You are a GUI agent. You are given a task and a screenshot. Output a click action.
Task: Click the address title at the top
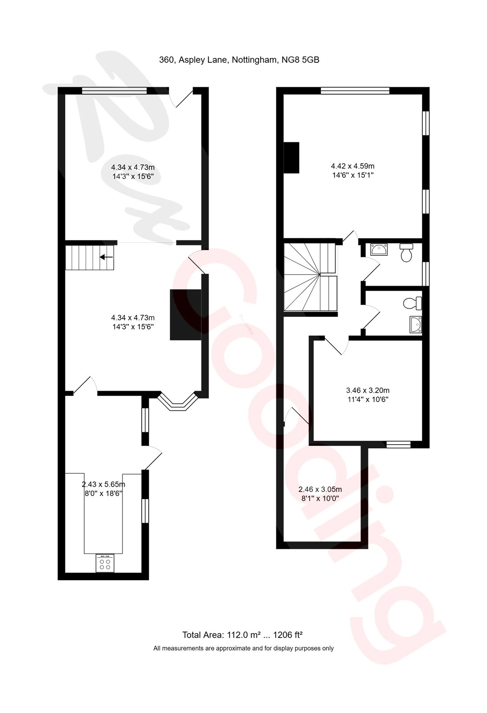pos(239,61)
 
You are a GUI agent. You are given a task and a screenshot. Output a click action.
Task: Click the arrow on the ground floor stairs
pos(106,257)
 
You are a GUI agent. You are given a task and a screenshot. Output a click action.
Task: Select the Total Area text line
pos(243,635)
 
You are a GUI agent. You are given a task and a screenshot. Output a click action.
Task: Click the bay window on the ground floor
pos(178,401)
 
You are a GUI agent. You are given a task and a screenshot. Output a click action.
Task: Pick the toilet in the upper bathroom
pos(406,252)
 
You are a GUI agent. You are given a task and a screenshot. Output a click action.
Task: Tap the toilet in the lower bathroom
pos(412,303)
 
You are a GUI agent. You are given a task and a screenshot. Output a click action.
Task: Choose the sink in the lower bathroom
pos(415,325)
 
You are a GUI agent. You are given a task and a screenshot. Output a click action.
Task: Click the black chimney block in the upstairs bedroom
pos(291,157)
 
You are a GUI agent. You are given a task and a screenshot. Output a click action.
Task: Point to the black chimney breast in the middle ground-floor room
pos(185,315)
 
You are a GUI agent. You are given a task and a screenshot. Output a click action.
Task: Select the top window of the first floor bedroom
pos(355,90)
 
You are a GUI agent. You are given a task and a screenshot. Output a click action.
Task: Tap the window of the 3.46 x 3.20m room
pos(398,444)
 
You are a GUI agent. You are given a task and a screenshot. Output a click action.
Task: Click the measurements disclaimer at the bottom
pos(243,648)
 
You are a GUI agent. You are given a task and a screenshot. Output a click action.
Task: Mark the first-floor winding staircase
pos(310,277)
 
